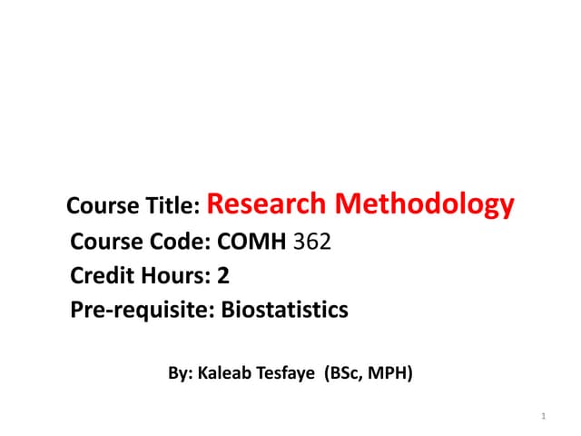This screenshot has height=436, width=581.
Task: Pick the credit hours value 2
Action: point(222,276)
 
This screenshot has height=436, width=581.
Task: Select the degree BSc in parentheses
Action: point(346,372)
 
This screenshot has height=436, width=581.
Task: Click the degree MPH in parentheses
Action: point(389,372)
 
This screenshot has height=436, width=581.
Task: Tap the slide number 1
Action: point(542,417)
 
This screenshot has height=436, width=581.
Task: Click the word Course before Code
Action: point(104,243)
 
